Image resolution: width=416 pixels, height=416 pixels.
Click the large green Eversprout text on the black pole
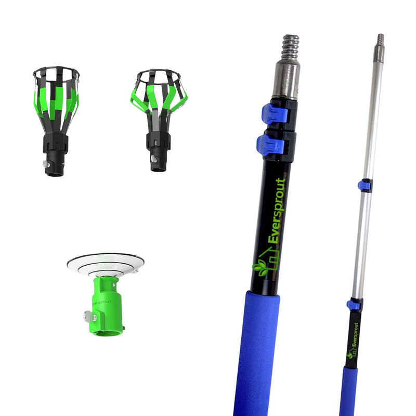pyautogui.click(x=277, y=211)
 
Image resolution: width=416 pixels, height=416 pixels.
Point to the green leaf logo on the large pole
pyautogui.click(x=261, y=268)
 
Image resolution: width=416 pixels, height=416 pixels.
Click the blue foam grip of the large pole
pyautogui.click(x=255, y=353)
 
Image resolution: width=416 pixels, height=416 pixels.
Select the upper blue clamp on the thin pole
pyautogui.click(x=363, y=185)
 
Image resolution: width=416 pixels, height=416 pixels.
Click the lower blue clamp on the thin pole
pyautogui.click(x=354, y=305)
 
